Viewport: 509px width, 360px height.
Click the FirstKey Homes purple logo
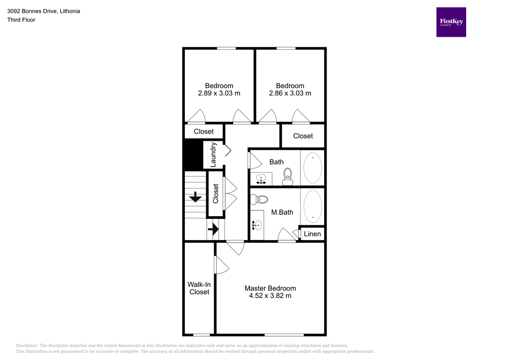click(x=451, y=22)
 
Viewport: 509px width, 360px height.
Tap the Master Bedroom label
click(x=270, y=288)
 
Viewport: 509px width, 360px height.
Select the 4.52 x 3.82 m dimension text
click(x=270, y=296)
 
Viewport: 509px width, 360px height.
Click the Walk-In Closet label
click(x=199, y=288)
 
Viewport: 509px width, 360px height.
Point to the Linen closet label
click(x=312, y=234)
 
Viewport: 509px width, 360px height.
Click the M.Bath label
click(x=282, y=212)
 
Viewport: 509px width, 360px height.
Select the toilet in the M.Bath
click(x=259, y=199)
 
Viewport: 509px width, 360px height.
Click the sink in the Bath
click(x=261, y=179)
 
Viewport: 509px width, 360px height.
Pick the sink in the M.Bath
click(x=257, y=226)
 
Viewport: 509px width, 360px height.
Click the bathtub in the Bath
click(x=313, y=168)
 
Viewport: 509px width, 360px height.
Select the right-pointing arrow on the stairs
click(x=213, y=229)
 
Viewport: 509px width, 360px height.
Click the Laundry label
click(x=213, y=155)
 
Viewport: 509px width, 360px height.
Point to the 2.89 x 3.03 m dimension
click(x=219, y=93)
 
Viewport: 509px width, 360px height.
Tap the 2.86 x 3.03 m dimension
click(x=290, y=93)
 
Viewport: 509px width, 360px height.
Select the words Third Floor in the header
click(x=21, y=20)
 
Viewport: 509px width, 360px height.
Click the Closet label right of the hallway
click(x=303, y=136)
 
